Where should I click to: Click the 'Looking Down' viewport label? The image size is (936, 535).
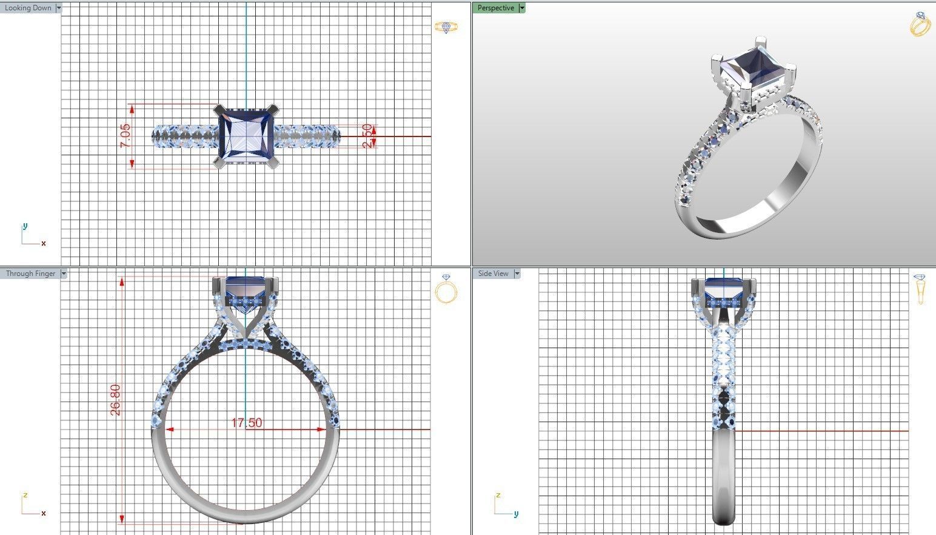click(28, 8)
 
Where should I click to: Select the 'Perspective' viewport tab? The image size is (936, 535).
click(495, 8)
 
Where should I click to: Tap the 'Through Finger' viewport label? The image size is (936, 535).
click(30, 274)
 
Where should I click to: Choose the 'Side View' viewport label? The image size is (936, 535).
click(493, 274)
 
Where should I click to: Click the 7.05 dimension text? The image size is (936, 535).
click(125, 136)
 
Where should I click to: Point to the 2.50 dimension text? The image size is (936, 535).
click(367, 136)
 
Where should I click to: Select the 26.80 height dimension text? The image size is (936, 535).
click(115, 399)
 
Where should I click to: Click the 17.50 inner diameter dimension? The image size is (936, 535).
click(247, 423)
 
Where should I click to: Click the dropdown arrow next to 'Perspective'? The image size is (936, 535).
click(522, 8)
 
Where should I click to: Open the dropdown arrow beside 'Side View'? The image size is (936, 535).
click(517, 274)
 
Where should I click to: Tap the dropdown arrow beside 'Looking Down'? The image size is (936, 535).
click(58, 8)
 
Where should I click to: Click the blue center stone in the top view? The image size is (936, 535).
click(246, 136)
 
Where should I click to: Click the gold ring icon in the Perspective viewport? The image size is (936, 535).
click(920, 24)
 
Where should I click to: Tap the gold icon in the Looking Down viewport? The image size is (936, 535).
click(446, 27)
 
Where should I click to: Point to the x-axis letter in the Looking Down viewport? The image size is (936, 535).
click(44, 243)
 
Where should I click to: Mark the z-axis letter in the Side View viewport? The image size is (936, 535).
click(498, 495)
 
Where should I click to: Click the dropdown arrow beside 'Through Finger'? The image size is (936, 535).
click(64, 274)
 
